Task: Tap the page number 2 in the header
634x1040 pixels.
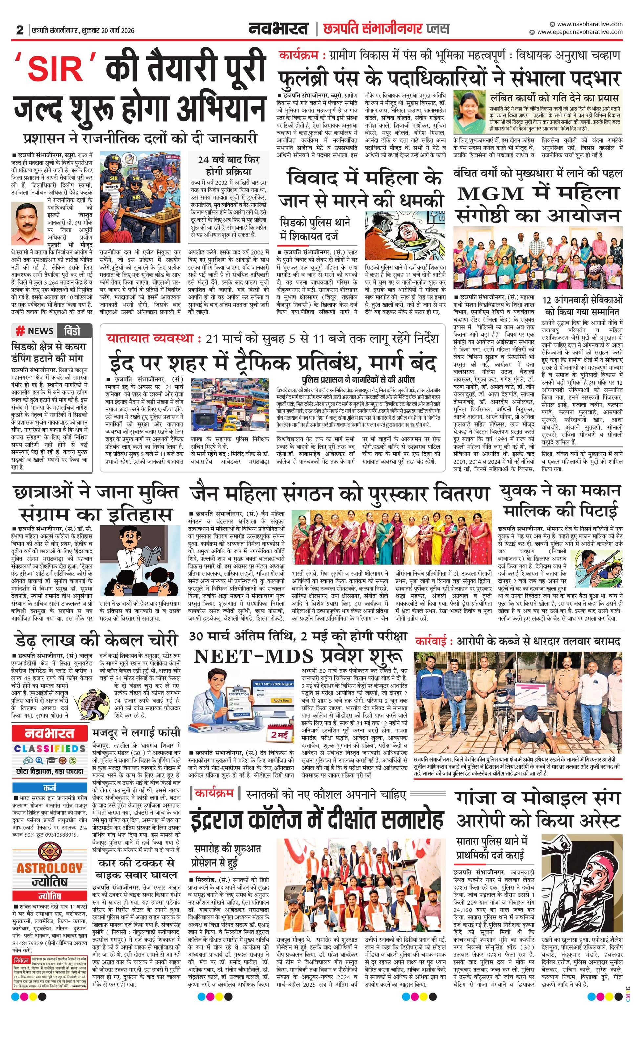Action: point(19,30)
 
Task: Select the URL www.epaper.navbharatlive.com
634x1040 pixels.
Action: point(580,32)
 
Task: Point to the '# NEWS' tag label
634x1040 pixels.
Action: point(35,331)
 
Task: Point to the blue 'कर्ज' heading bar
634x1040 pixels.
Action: point(50,788)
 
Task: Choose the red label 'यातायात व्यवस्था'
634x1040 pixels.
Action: point(150,338)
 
